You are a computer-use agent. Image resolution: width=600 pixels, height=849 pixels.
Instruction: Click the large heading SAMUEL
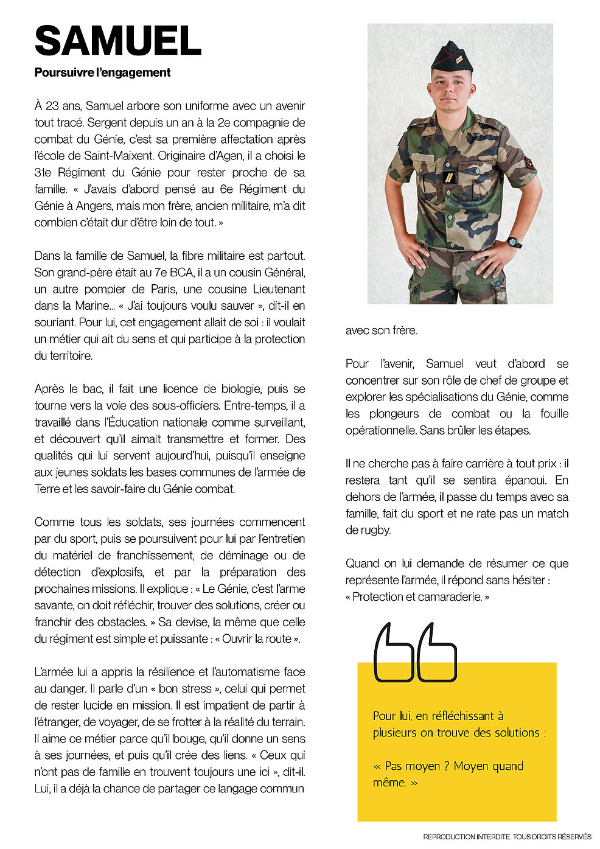[x=118, y=41]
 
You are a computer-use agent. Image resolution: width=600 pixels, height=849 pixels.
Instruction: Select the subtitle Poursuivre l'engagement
[x=102, y=72]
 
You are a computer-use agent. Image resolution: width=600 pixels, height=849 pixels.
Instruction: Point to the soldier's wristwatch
[x=514, y=242]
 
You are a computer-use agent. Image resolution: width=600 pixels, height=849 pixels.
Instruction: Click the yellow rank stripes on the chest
[x=449, y=177]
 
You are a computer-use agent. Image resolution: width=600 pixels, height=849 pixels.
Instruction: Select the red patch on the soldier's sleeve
[x=530, y=162]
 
